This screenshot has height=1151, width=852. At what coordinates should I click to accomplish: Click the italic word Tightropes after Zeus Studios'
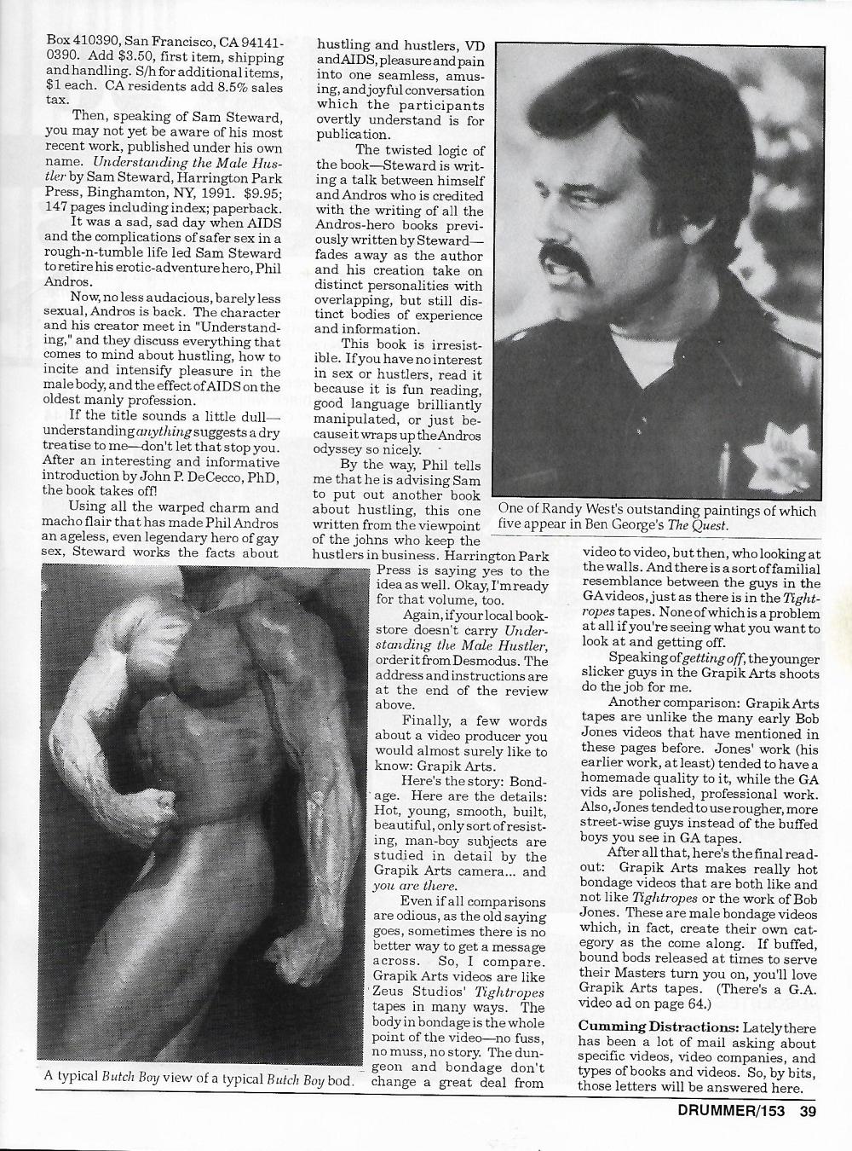pyautogui.click(x=498, y=992)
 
